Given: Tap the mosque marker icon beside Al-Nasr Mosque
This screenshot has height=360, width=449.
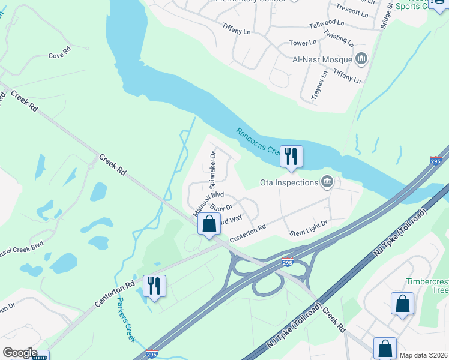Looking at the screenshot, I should [361, 58].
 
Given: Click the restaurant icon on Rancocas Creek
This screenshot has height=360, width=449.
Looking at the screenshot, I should [291, 157].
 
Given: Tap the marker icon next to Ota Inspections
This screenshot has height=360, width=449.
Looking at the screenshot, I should [327, 181].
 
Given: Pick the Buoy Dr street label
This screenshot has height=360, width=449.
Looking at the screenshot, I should [221, 208].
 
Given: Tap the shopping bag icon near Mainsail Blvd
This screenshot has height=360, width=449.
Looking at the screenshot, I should [209, 224].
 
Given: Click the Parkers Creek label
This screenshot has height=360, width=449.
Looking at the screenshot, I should [127, 320].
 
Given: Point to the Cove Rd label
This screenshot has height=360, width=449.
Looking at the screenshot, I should [60, 55].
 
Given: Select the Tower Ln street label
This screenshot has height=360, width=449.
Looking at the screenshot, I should [303, 43].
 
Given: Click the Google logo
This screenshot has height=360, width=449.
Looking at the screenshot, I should [20, 352].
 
